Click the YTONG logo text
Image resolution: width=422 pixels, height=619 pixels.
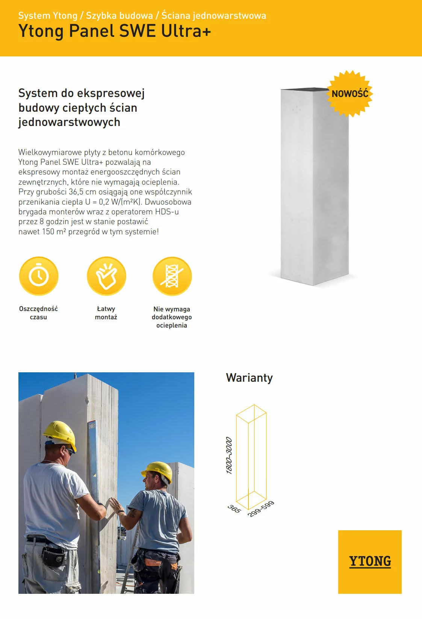point(370,561)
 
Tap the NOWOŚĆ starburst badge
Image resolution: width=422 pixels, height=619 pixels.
point(350,93)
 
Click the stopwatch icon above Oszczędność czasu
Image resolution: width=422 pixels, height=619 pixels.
point(39,276)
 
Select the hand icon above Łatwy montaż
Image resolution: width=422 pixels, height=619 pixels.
point(106,276)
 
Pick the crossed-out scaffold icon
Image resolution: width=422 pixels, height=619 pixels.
point(172,276)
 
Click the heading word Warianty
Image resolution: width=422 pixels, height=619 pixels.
point(249,378)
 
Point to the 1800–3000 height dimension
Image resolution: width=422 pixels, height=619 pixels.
point(229,455)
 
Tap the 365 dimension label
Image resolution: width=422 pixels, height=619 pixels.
point(234,509)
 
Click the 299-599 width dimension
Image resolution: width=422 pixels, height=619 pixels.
point(261,508)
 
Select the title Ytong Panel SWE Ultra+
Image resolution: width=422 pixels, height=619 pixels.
point(115,31)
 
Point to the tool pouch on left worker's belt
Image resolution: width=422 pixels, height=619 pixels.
point(53,557)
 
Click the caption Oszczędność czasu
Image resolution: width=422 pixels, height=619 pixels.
point(38,313)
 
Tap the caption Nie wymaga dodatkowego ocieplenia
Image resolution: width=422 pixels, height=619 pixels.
point(172,317)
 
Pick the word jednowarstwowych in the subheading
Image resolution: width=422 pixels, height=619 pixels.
point(69,122)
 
